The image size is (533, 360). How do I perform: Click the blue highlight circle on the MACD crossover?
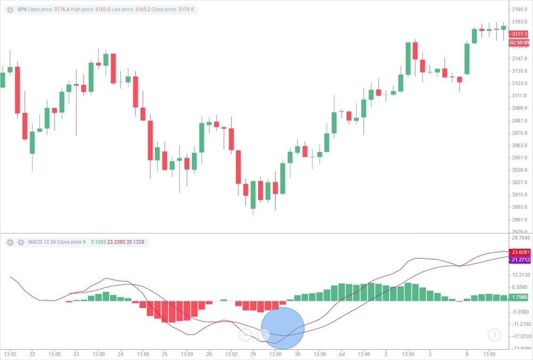click(x=282, y=329)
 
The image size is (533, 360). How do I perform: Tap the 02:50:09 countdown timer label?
click(x=519, y=42)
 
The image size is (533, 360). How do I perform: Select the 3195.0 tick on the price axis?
click(x=519, y=9)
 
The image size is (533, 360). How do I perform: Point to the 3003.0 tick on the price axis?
click(x=519, y=207)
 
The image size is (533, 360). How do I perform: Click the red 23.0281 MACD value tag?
click(x=519, y=252)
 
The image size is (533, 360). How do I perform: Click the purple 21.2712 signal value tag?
click(x=519, y=260)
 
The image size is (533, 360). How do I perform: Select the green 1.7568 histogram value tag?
click(x=519, y=297)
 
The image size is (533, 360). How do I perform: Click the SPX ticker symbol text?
click(x=22, y=10)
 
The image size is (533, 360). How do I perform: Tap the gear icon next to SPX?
click(x=10, y=10)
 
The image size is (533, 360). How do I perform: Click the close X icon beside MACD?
click(x=10, y=242)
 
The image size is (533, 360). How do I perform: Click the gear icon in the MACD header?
click(x=21, y=242)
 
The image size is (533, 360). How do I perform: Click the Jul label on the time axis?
click(x=341, y=353)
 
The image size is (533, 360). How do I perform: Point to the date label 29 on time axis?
click(x=254, y=353)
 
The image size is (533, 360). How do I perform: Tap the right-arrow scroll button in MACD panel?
click(x=494, y=335)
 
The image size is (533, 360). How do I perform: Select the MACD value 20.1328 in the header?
click(x=135, y=242)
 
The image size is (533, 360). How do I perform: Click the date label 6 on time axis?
click(x=467, y=353)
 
